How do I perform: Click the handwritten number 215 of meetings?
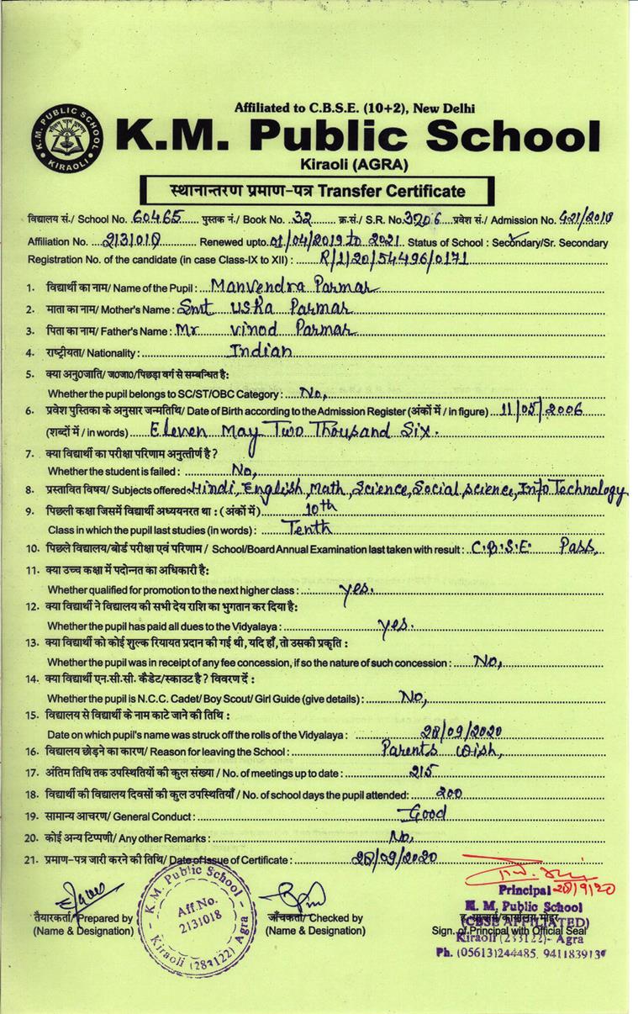point(414,771)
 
